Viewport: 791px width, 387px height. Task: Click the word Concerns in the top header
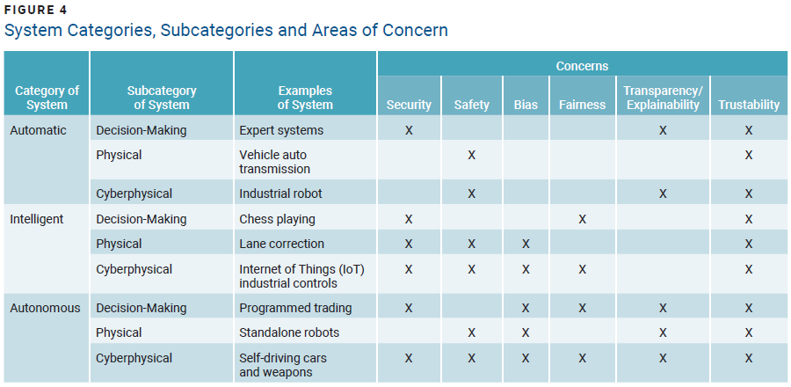coord(582,66)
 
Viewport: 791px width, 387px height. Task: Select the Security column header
coord(409,105)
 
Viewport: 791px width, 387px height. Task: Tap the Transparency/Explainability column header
coord(662,98)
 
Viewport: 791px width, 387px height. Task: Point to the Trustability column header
coord(749,105)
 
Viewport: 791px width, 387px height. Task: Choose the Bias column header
coord(526,105)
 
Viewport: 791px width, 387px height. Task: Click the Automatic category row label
coord(38,130)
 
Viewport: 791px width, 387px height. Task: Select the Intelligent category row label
coord(37,219)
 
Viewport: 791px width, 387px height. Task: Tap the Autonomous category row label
coord(45,308)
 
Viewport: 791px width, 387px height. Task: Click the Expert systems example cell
coord(281,130)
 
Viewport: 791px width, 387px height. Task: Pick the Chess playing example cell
coord(277,219)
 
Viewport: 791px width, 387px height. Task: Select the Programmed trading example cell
coord(295,308)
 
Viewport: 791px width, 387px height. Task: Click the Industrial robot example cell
coord(280,193)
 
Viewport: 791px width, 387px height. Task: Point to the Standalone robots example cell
coord(289,332)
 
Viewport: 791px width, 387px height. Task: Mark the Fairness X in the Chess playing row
coord(582,219)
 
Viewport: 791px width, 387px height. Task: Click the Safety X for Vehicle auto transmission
coord(472,156)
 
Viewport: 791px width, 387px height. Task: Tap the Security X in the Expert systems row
coord(409,130)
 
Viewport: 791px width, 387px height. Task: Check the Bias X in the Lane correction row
coord(526,244)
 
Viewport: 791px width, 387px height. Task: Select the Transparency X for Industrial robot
coord(663,193)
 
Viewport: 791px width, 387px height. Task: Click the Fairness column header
coord(582,105)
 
